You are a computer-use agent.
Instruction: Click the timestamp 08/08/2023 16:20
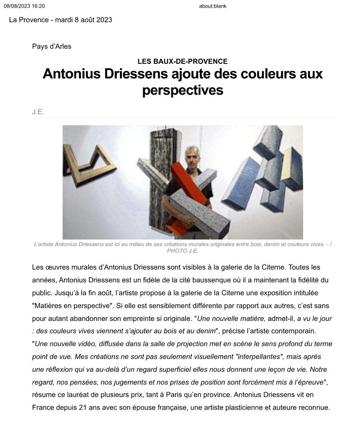[x=24, y=6]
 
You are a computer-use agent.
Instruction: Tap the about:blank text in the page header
[x=213, y=6]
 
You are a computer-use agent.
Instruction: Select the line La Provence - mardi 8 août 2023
[x=60, y=20]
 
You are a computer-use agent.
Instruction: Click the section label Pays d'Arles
[x=52, y=46]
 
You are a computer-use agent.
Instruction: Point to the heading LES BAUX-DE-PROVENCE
[x=182, y=61]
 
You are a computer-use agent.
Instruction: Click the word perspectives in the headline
[x=182, y=90]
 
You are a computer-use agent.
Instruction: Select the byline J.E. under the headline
[x=38, y=112]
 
